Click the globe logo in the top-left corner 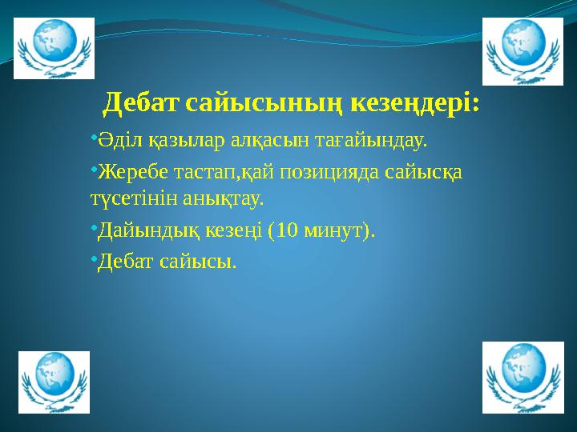54,48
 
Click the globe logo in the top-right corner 522,50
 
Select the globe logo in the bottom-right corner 522,377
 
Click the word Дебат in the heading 142,103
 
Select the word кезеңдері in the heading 418,103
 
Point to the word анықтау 224,196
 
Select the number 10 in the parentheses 287,231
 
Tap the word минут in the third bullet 333,231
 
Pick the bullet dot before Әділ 93,139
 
